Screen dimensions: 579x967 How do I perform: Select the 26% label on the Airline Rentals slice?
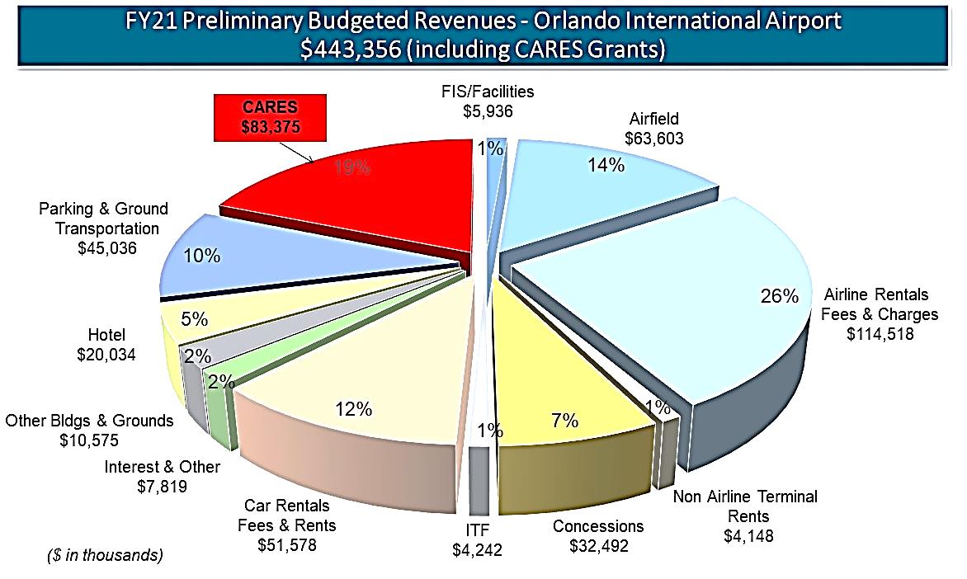[779, 295]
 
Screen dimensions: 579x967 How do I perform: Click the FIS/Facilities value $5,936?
[487, 110]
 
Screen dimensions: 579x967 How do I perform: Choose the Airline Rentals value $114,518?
[880, 333]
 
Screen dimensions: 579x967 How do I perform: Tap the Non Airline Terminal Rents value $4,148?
[745, 535]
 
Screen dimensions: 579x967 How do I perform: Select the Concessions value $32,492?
[598, 547]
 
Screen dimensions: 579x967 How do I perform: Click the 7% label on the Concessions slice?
[564, 420]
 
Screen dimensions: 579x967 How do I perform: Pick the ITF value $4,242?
[479, 548]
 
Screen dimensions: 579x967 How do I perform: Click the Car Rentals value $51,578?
[286, 544]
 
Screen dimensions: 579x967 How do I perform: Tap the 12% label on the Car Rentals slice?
[353, 410]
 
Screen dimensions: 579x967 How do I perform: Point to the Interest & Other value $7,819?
[163, 487]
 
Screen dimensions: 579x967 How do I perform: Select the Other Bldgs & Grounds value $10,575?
[89, 440]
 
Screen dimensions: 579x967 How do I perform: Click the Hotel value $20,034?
[106, 355]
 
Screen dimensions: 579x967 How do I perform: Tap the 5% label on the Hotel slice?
[196, 319]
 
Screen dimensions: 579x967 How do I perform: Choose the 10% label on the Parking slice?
[201, 256]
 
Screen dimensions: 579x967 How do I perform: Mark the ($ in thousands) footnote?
[103, 556]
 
